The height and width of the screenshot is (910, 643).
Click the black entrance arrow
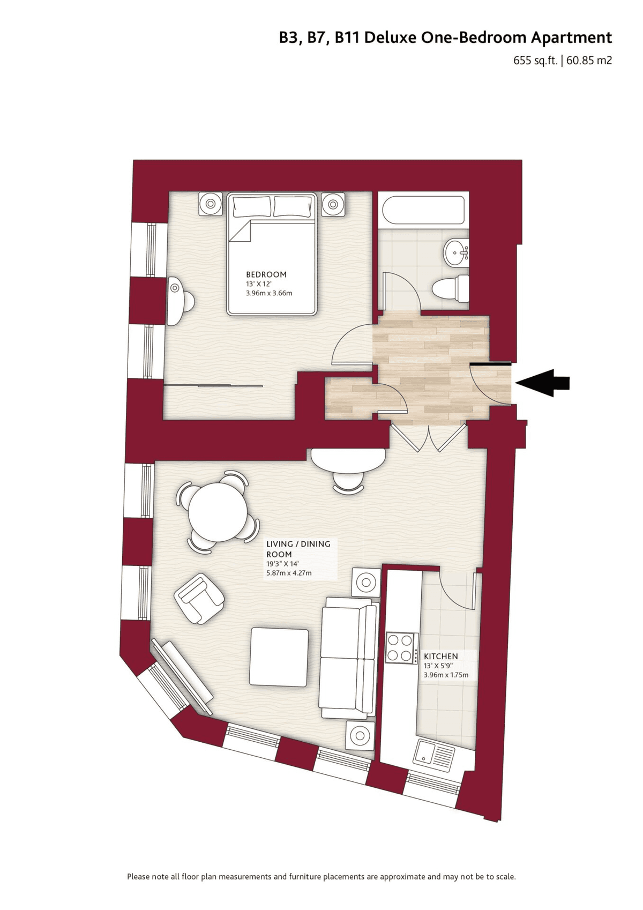click(542, 383)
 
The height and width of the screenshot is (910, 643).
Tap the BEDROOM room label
click(266, 274)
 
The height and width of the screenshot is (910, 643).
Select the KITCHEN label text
click(440, 656)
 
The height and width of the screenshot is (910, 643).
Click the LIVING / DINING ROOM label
click(298, 549)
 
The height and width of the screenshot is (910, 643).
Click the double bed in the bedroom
click(271, 253)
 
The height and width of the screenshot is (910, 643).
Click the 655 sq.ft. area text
click(535, 61)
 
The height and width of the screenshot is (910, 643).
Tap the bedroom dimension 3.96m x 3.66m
click(269, 293)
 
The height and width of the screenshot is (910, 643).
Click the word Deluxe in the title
click(390, 38)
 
